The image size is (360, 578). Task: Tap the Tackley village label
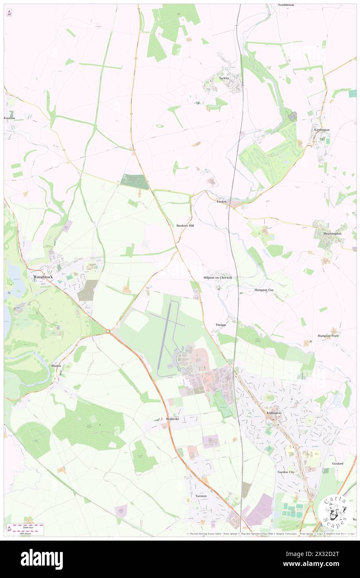[224, 78]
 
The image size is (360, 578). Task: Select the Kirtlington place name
[322, 130]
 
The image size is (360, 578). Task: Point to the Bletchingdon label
[333, 234]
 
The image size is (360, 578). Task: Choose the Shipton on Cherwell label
[217, 277]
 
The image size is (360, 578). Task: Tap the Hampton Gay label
[264, 290]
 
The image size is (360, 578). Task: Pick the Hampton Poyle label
[328, 336]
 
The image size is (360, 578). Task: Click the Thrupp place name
[220, 324]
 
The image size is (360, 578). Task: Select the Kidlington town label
[274, 413]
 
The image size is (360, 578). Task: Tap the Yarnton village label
[201, 496]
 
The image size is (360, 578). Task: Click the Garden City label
[286, 472]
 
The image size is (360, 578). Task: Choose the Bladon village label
[56, 366]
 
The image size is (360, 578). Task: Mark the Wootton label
[9, 118]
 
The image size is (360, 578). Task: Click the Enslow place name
[222, 202]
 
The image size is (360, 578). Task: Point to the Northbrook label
[286, 5]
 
